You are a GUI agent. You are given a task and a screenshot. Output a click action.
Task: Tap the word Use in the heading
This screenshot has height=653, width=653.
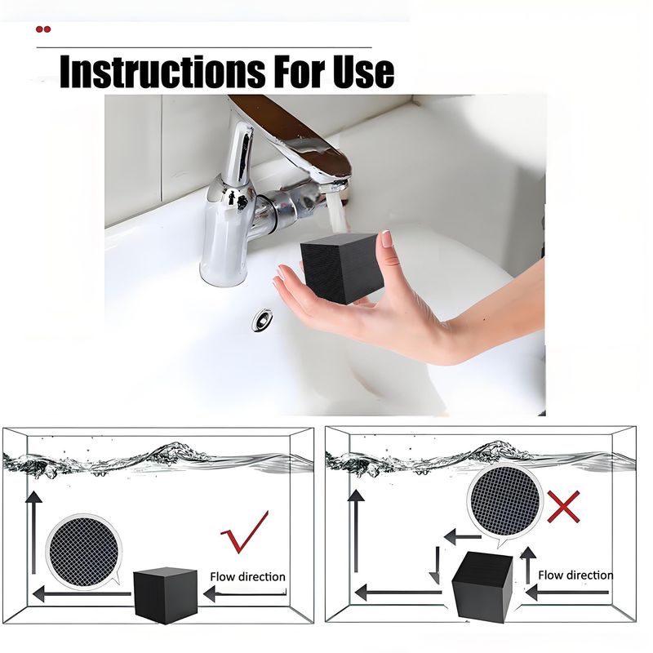pos(363,71)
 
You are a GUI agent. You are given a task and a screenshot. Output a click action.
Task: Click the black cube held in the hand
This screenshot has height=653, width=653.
pos(341,268)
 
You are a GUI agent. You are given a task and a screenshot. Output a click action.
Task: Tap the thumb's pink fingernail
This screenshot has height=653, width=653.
pos(387,239)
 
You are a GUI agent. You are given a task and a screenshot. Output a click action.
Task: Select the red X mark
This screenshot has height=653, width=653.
pos(563,506)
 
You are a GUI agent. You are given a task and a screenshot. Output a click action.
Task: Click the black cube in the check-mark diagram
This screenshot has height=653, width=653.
pos(166,595)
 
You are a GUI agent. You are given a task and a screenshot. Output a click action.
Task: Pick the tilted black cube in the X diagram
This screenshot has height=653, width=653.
pos(482,585)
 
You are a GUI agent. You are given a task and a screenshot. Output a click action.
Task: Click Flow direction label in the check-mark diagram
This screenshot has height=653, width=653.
pos(248,577)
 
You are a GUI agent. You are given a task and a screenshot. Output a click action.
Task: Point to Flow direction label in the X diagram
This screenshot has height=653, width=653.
pos(575,575)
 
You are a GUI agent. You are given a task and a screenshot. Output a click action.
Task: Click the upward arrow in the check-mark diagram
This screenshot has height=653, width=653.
pos(33,532)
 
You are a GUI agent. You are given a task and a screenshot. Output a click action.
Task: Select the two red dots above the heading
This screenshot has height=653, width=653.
pos(43,29)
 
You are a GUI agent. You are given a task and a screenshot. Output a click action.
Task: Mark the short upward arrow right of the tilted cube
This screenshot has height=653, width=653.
pos(528,565)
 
